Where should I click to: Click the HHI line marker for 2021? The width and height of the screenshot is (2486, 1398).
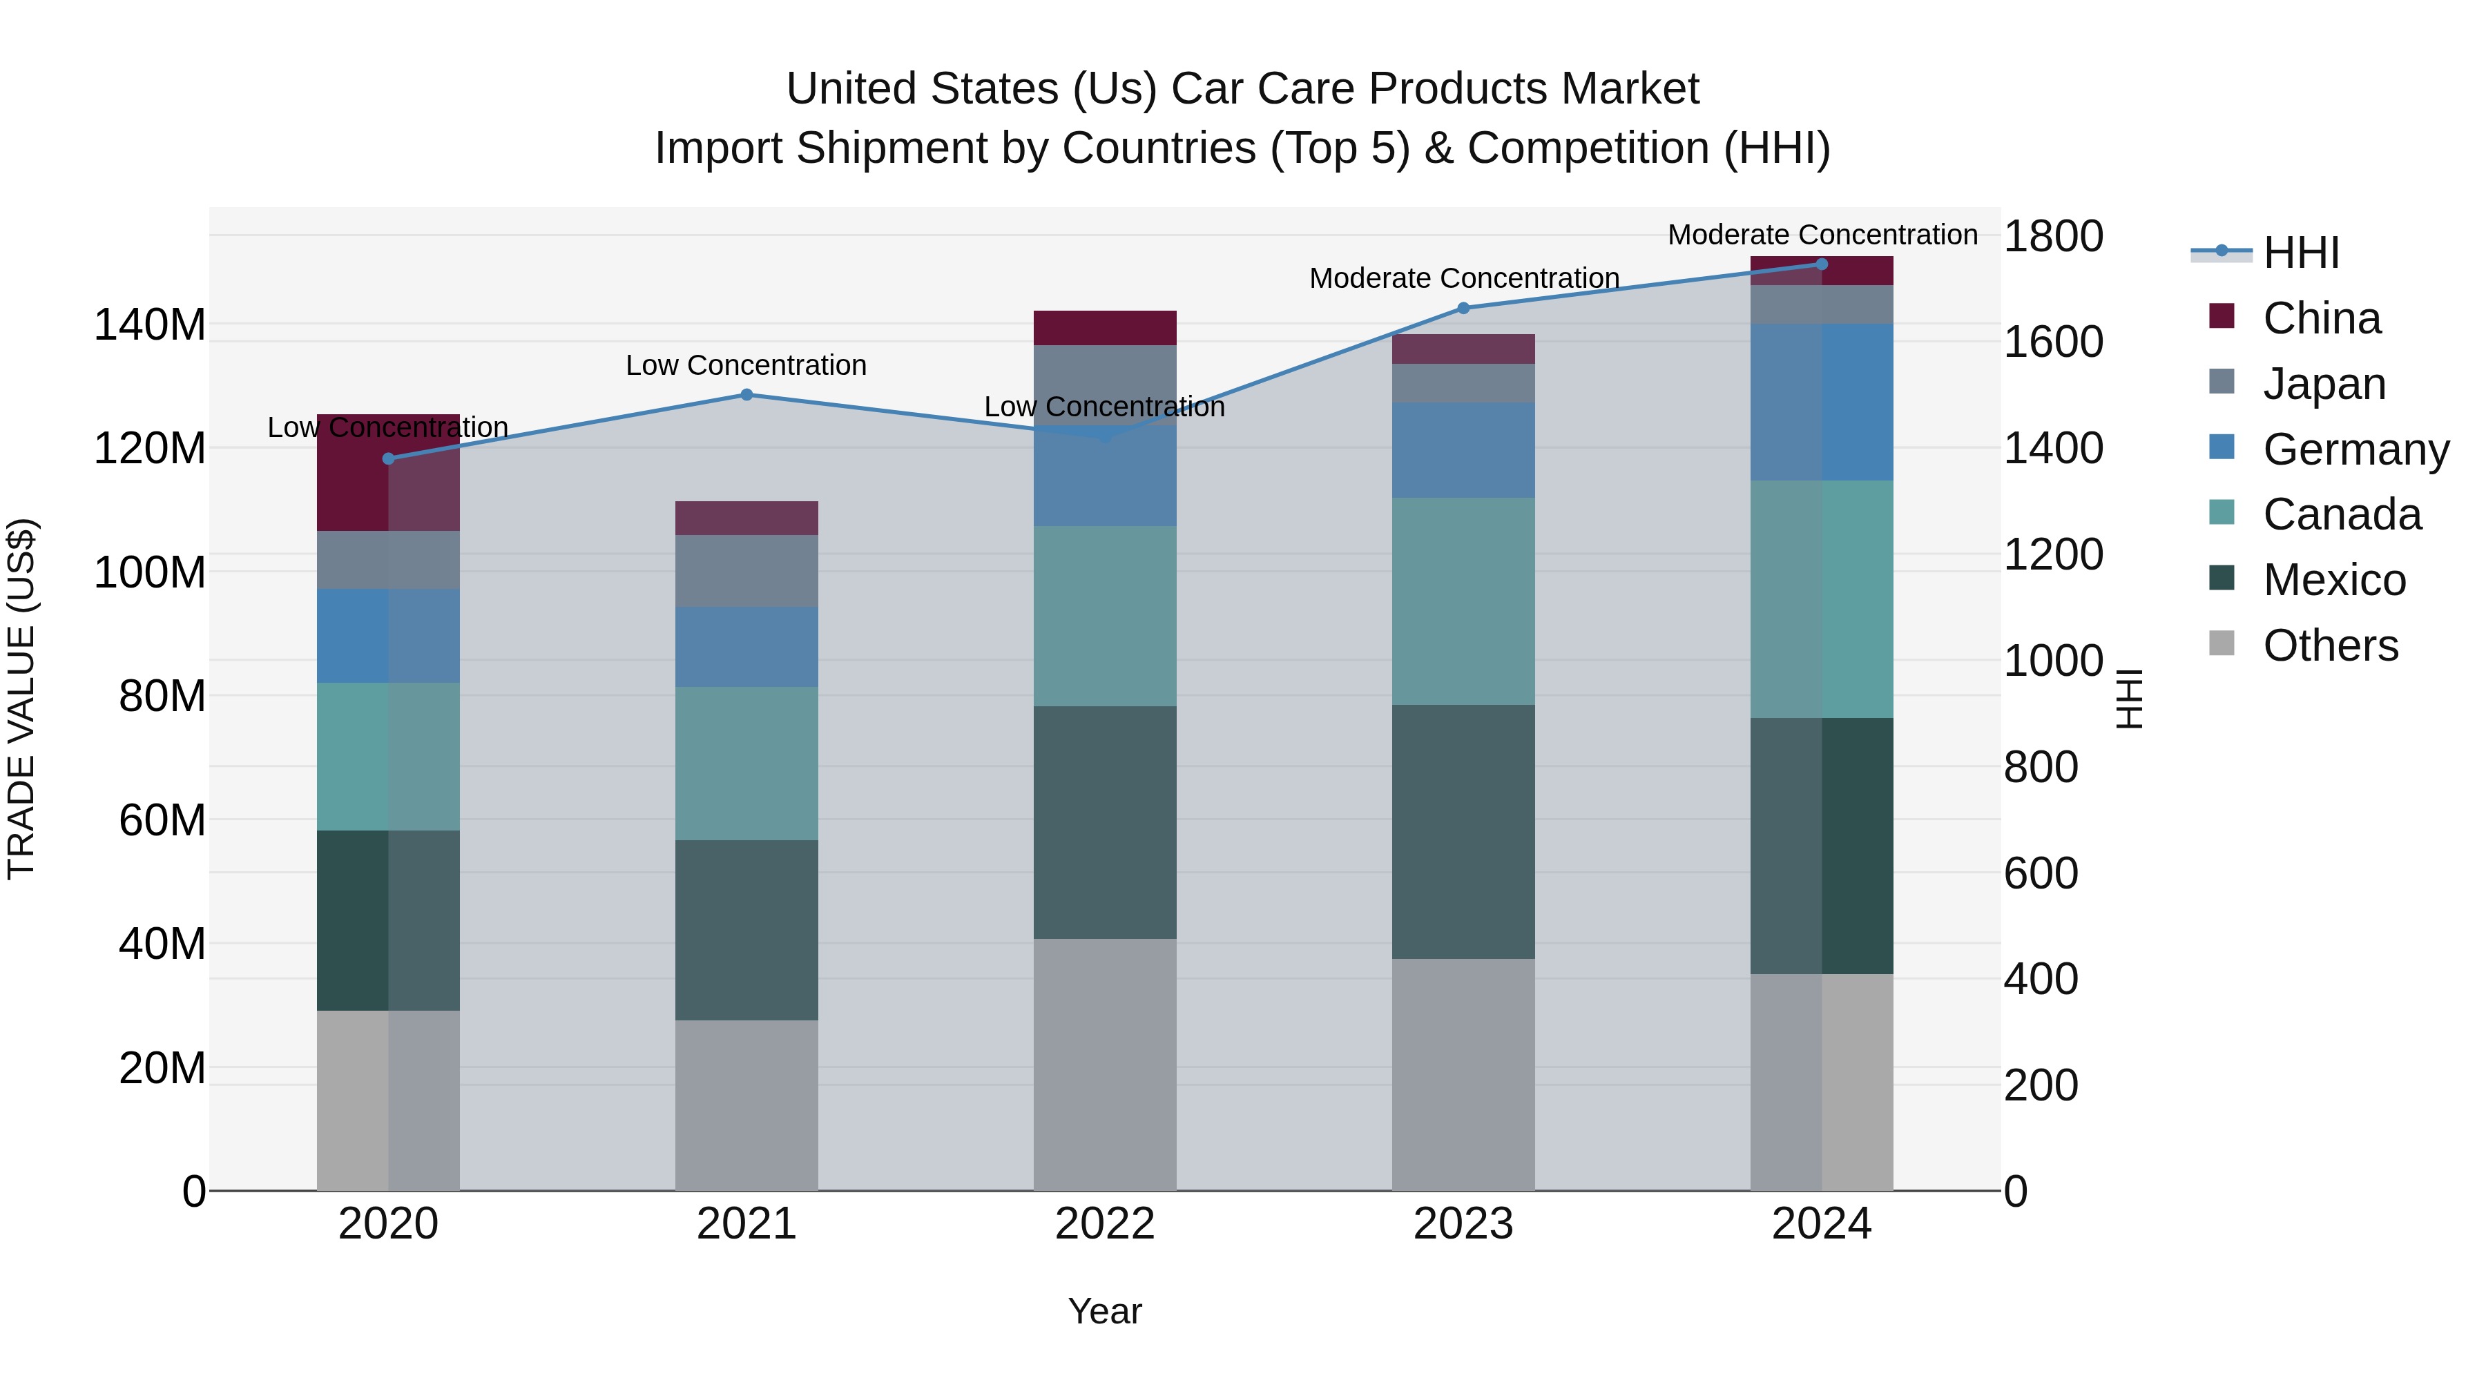(746, 395)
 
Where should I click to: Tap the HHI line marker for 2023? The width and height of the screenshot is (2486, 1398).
(1463, 308)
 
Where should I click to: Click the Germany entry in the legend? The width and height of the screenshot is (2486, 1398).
(2355, 449)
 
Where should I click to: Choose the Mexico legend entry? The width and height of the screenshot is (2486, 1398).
(2333, 580)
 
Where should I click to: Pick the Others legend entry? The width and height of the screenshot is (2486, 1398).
(2330, 645)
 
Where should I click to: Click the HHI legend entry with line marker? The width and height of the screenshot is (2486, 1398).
(2301, 253)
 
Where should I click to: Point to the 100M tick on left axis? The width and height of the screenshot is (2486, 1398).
(150, 572)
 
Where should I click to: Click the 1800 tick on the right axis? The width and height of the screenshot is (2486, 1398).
(2053, 236)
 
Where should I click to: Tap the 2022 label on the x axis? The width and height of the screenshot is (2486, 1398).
(1105, 1224)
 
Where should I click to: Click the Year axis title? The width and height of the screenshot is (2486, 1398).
(1105, 1311)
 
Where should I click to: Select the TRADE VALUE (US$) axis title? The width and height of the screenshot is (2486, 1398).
(21, 699)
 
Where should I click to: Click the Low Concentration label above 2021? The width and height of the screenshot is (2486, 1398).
(746, 366)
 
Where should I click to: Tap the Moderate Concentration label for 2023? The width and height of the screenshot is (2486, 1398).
(1463, 278)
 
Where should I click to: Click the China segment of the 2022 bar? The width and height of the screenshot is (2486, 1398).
(1105, 328)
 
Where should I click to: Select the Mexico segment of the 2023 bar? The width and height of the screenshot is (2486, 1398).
(1463, 832)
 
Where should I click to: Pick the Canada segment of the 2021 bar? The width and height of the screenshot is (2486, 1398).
(746, 763)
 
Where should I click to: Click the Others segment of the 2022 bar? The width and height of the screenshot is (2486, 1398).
(1105, 1064)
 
